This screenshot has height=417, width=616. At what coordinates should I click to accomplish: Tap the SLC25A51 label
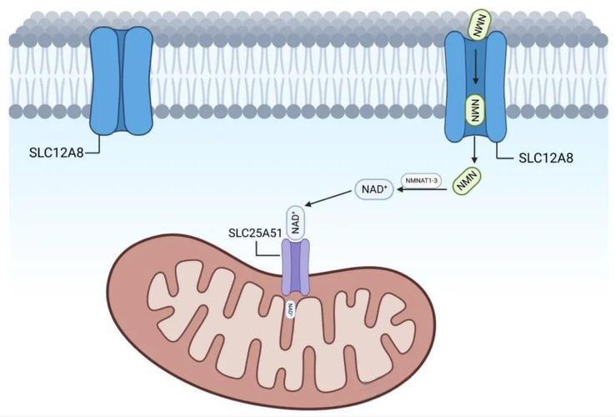tap(255, 233)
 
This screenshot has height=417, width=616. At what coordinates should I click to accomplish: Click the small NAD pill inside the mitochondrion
tap(291, 309)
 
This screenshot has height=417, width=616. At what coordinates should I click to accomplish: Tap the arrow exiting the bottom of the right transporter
tap(475, 150)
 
